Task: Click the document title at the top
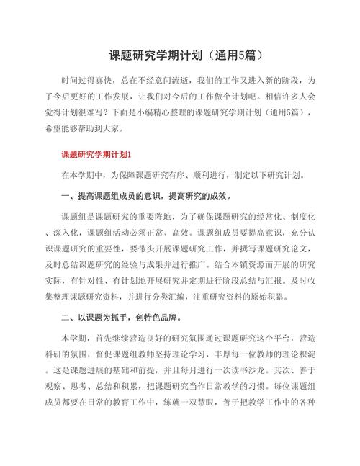click(180, 56)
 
